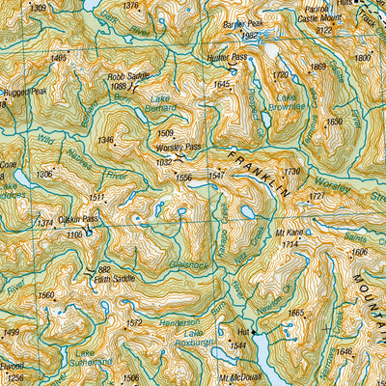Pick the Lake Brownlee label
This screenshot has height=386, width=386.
click(x=288, y=102)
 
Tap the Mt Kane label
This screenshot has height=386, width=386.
click(x=289, y=234)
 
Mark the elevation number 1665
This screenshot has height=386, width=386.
click(x=295, y=313)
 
